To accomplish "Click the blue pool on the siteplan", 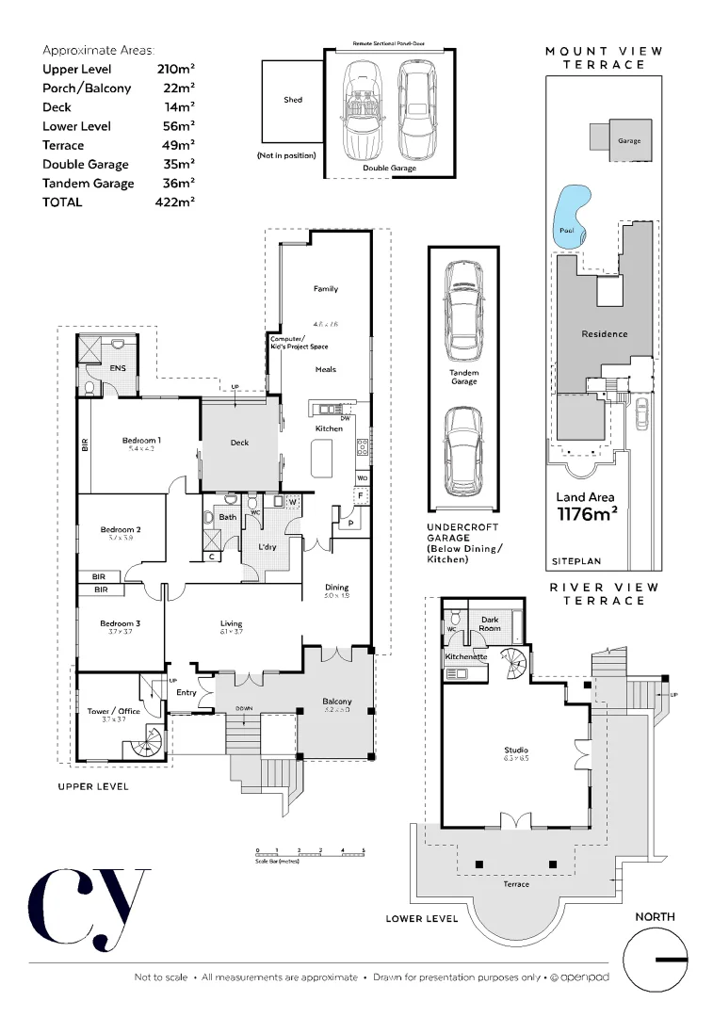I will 572,217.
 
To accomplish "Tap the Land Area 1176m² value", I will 586,512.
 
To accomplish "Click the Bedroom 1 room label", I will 140,440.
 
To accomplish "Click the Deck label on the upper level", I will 239,443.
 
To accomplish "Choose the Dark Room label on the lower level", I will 490,622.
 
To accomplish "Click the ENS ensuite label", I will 119,368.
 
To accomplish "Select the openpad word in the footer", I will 586,978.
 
